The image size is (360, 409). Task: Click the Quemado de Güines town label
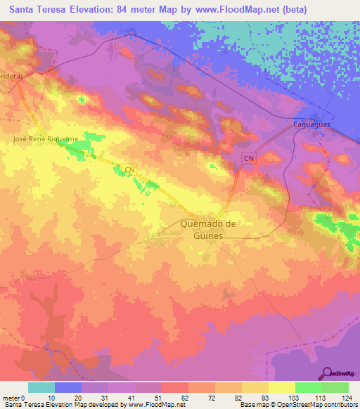(x=201, y=230)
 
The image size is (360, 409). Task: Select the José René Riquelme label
(x=46, y=140)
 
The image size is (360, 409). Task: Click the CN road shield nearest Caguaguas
(x=248, y=159)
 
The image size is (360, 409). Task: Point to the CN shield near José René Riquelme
(x=129, y=169)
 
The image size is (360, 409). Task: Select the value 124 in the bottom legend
(x=347, y=397)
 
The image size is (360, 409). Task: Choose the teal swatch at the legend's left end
(x=41, y=387)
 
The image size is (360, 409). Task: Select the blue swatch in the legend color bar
(x=68, y=387)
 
